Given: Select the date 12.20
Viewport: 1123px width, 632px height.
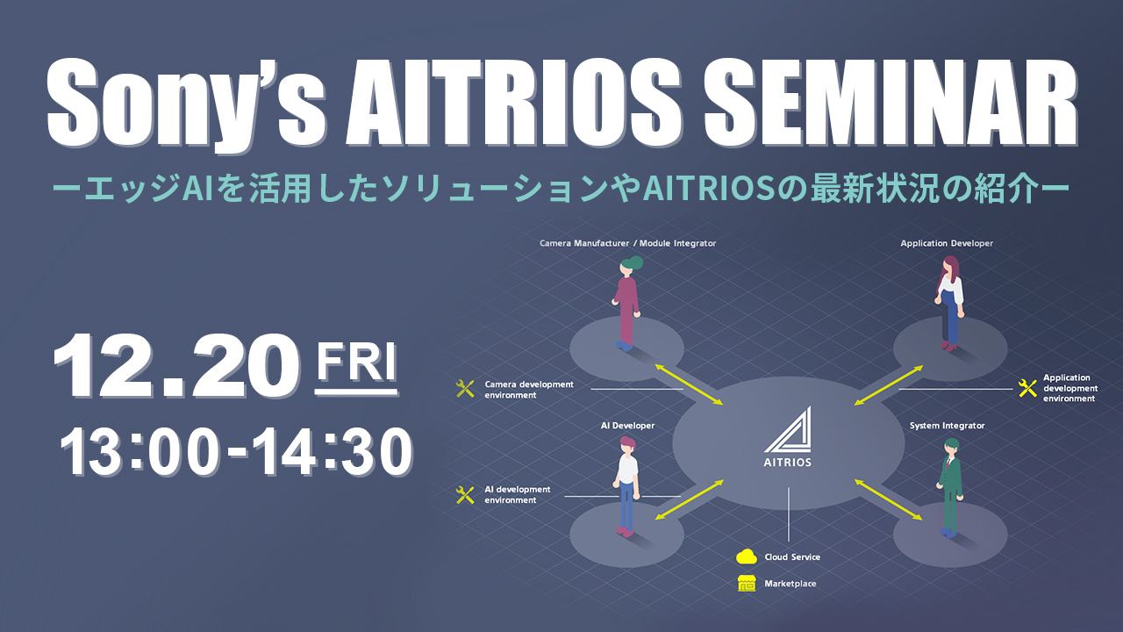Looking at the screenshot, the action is [176, 366].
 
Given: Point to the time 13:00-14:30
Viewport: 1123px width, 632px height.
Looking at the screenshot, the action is [236, 451].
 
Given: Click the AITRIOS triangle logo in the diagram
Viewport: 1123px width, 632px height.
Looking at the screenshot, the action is [788, 430].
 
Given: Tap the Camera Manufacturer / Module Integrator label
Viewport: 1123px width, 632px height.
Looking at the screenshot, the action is [627, 243].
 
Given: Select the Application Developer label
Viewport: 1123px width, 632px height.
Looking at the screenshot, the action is [947, 243].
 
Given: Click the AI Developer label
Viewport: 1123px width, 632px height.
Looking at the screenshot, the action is [627, 426].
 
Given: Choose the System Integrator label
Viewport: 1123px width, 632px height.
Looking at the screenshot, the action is [947, 426].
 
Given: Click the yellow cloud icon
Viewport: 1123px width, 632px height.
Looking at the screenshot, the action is [747, 557].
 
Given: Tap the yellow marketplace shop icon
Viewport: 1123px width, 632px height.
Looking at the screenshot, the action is [747, 584].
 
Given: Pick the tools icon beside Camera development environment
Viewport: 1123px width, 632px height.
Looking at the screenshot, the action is [465, 389].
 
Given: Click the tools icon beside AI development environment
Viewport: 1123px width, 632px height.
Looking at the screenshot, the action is [465, 494].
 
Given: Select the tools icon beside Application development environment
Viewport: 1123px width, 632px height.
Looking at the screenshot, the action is [1027, 388].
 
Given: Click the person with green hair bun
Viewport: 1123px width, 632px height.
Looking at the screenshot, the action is [626, 303].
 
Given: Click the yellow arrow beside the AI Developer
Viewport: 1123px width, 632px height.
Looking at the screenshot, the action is [690, 499].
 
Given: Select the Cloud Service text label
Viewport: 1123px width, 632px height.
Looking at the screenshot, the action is [792, 557].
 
